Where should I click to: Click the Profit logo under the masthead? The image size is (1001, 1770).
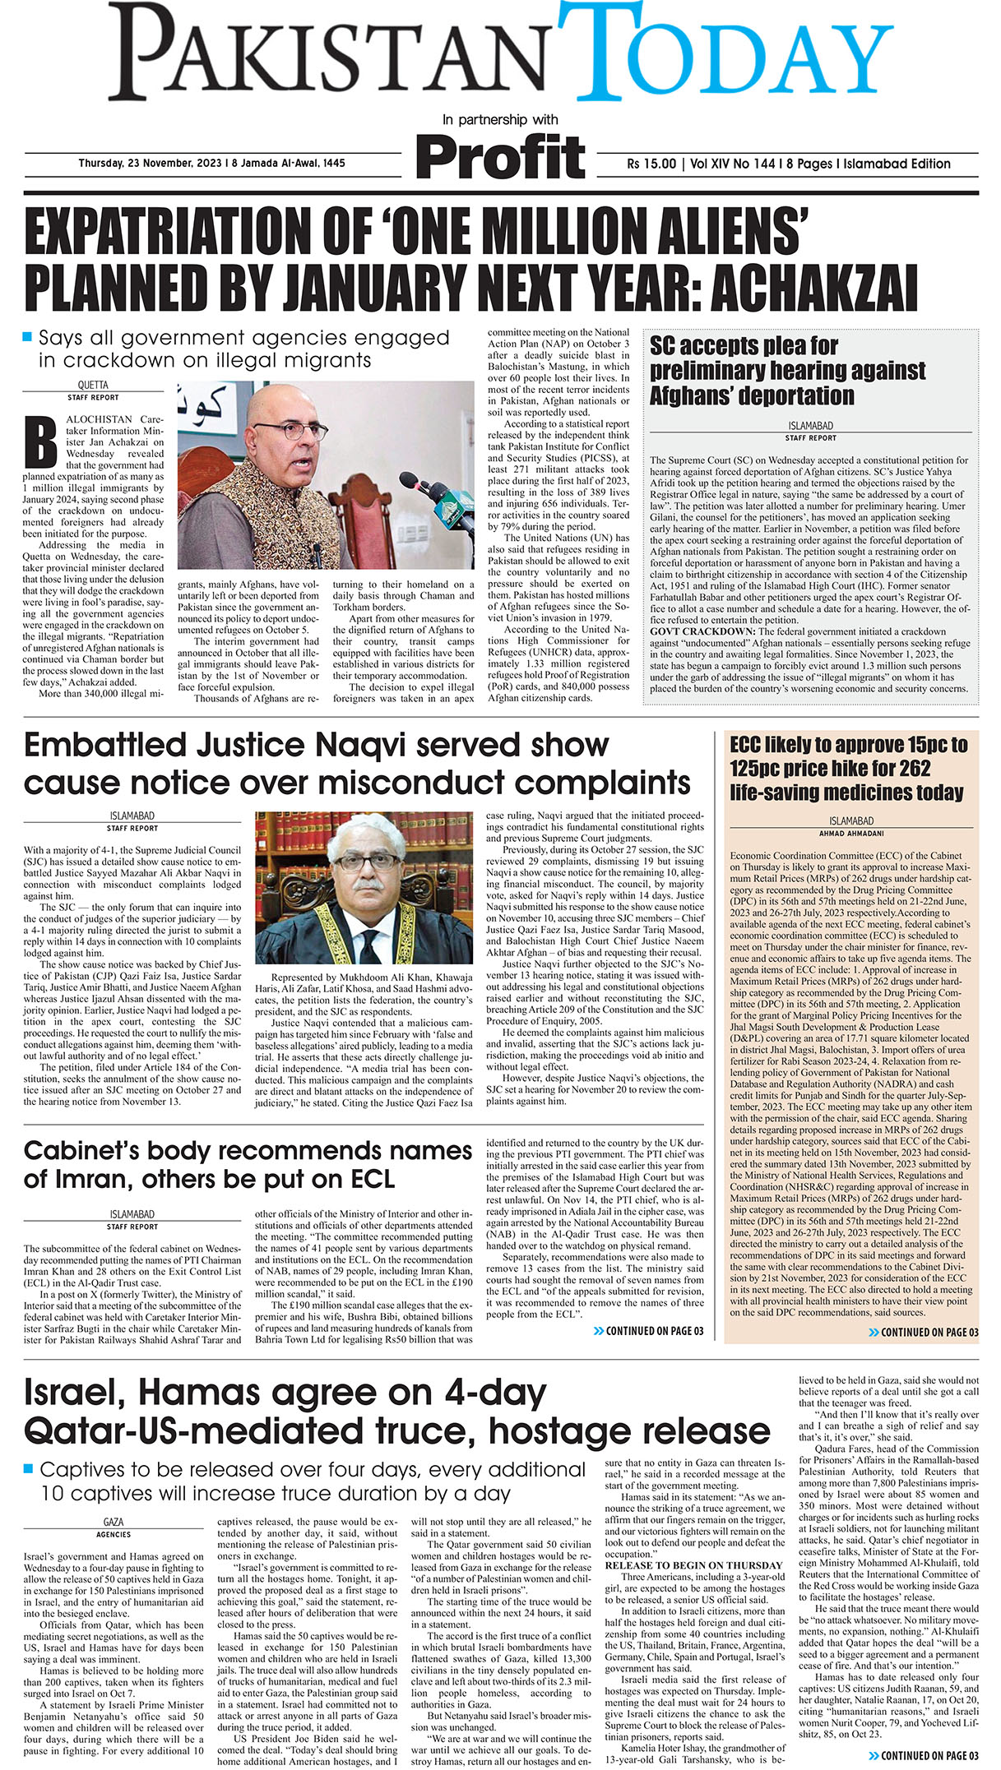(500, 156)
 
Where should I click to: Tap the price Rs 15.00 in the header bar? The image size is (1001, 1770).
(651, 164)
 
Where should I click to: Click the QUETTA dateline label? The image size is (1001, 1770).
(93, 385)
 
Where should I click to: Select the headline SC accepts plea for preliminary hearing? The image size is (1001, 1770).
(787, 370)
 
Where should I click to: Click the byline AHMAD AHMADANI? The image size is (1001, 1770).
(851, 833)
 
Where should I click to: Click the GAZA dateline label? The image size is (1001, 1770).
(114, 1523)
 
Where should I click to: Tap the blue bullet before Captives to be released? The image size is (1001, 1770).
(29, 1467)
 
